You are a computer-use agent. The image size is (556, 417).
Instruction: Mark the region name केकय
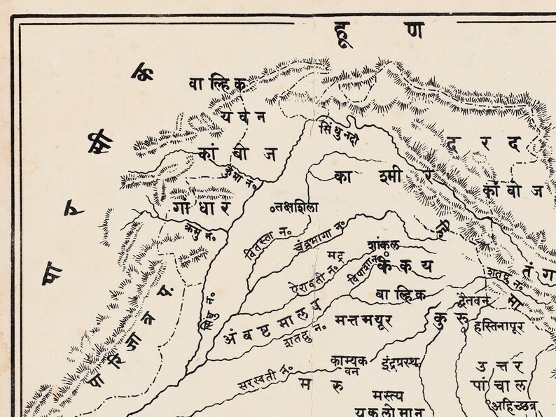406,267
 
